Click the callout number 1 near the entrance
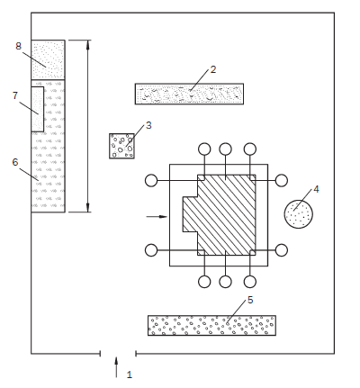130,374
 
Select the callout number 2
213,69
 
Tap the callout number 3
148,125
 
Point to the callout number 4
316,189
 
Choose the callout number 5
250,300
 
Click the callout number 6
15,162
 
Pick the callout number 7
15,95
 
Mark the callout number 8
19,46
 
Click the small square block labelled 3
121,146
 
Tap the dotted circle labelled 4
299,214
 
